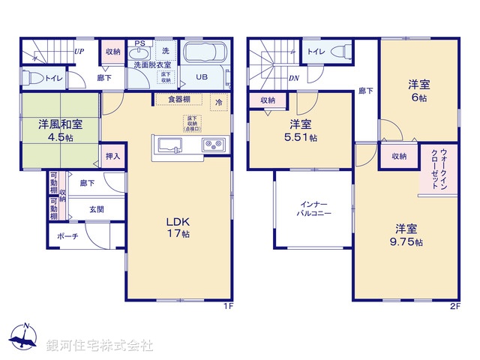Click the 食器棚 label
point(178,99)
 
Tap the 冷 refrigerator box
point(219,102)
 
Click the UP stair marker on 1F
point(78,52)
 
